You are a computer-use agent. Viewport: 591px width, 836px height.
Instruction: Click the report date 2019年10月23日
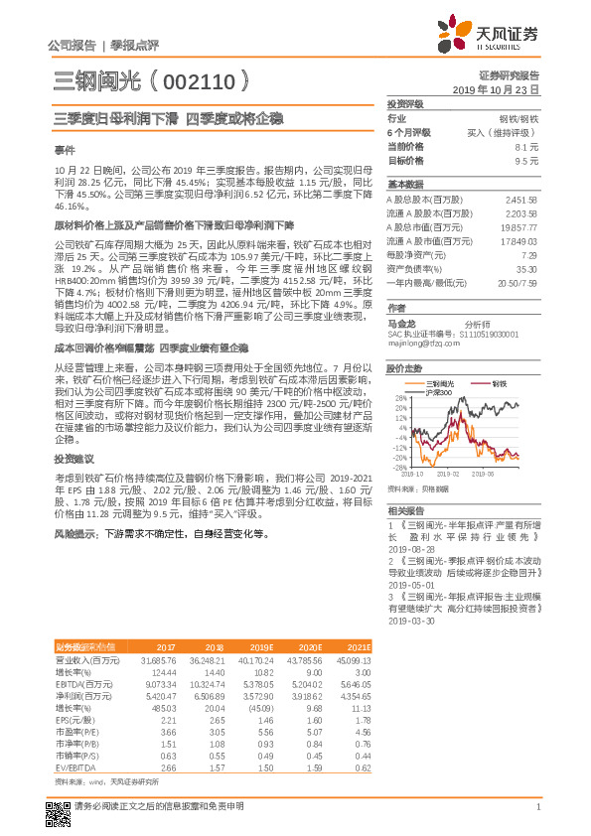tap(502, 88)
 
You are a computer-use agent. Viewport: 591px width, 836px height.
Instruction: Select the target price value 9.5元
tap(526, 160)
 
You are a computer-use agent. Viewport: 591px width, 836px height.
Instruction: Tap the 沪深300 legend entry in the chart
tap(439, 393)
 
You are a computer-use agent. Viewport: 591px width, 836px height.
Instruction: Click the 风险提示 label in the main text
tap(76, 533)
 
